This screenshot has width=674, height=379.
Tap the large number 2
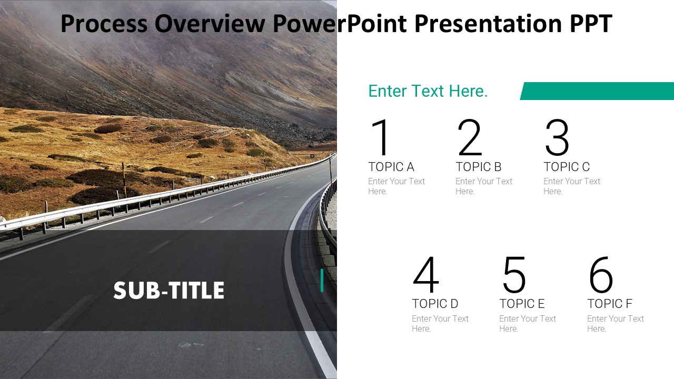point(470,138)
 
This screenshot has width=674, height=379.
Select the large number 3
point(557,138)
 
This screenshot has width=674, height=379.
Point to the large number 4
point(426,275)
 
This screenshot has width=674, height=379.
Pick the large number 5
point(514,275)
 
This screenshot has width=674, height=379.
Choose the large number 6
point(601,275)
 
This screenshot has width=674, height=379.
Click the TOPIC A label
point(391,167)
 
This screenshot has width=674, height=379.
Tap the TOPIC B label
point(479,167)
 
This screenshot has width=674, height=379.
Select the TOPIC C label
point(567,167)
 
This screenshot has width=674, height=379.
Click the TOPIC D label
point(435,304)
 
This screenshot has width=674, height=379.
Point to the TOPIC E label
point(522,304)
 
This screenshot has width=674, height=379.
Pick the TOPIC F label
point(610,304)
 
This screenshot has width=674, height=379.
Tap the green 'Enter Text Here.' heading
point(428,91)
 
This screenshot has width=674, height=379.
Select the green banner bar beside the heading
point(598,91)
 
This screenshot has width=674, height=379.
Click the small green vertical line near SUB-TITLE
point(322,280)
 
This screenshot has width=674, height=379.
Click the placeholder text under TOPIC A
point(397,186)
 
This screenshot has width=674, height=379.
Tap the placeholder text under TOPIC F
point(616,323)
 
